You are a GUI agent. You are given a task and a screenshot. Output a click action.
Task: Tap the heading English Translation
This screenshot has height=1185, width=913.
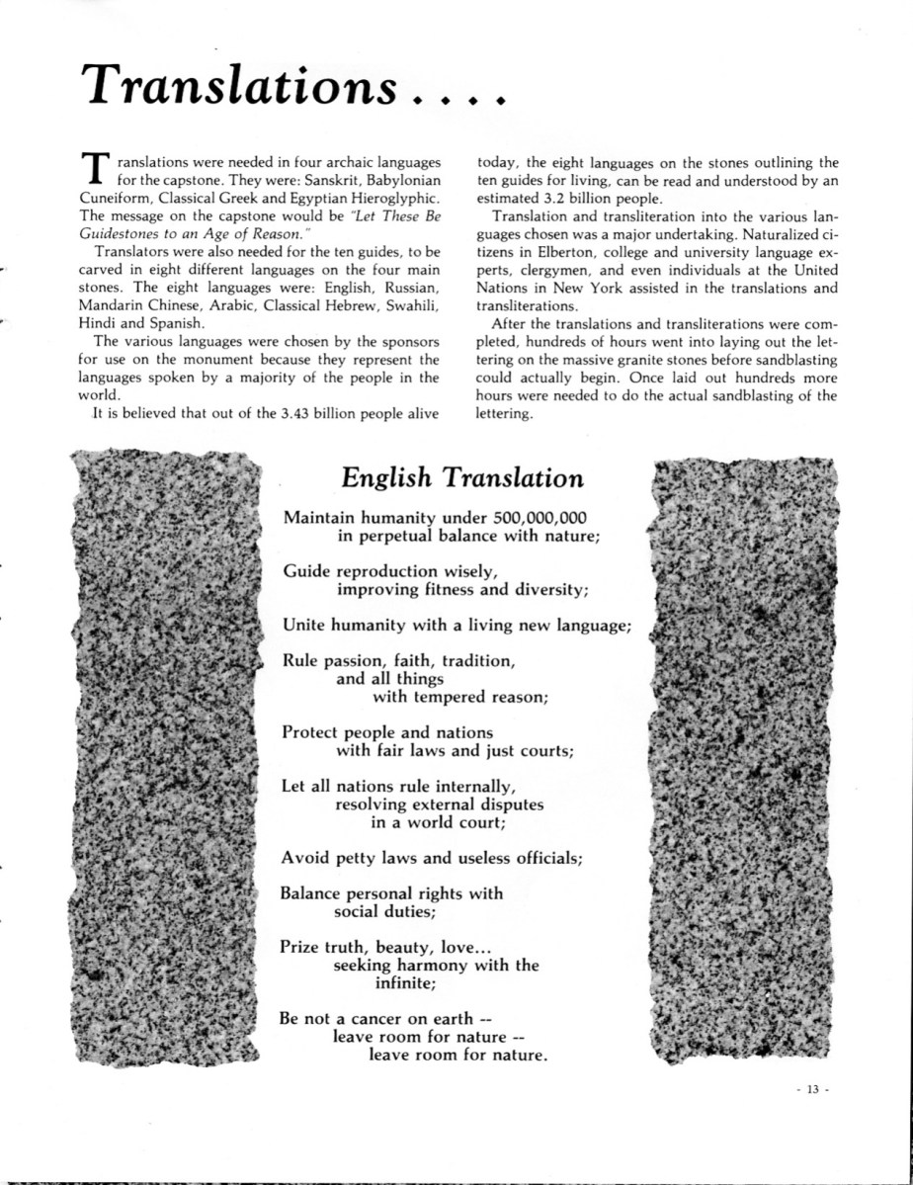pyautogui.click(x=462, y=477)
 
